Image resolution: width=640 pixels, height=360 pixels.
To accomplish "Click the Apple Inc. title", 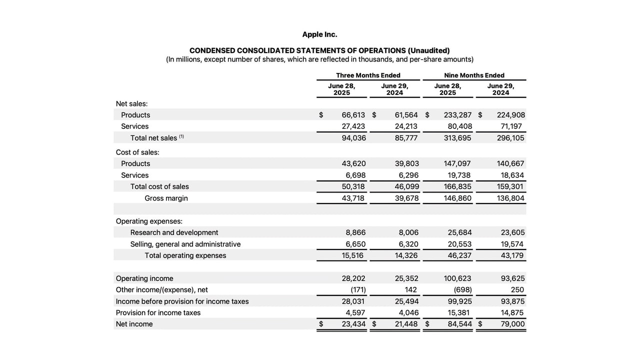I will pos(319,34).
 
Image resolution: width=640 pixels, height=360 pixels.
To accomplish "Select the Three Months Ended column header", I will pos(368,75).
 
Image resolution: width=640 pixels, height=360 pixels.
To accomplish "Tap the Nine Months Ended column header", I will pos(474,75).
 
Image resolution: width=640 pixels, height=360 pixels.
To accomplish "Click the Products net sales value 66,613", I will pos(353,115).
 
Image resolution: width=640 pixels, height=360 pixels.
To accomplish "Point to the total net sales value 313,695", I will pos(457,138).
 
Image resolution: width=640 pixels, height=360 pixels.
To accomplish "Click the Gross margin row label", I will pos(166,198).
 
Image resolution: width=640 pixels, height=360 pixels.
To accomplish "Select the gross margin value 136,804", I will pos(511,198).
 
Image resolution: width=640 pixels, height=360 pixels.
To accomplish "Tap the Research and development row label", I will pos(174,232).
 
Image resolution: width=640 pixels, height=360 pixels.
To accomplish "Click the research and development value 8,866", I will pos(355,232).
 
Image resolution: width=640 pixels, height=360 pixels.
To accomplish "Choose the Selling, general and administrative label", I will pos(185,244).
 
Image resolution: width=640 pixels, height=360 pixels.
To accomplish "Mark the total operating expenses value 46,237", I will pos(459,255).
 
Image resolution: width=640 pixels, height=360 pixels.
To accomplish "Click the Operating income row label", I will pos(144,278).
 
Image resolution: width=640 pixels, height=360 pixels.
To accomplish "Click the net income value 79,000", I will pos(512,324).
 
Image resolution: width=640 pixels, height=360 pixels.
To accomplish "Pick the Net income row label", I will pos(134,324).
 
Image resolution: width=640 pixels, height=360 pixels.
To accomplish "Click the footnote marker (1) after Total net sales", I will pos(181,136).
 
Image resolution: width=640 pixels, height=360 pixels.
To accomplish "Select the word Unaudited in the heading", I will pos(428,50).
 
